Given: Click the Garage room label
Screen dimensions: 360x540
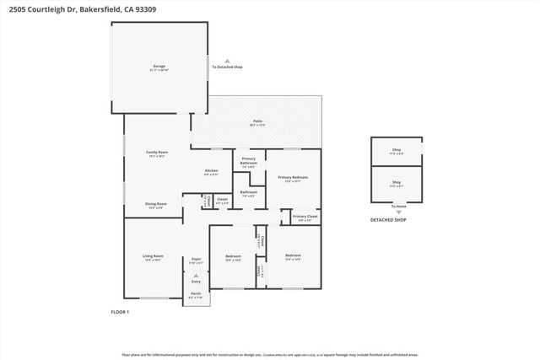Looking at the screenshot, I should coord(159,66).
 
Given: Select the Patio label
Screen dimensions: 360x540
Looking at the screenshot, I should coord(256,121).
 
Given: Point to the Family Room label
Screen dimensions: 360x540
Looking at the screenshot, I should coord(158,153).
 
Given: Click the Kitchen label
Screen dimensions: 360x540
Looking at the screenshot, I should coord(211,171).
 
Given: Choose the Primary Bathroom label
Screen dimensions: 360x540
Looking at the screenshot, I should coord(248,160).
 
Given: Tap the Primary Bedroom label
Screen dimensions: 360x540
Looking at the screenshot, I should coord(293,177).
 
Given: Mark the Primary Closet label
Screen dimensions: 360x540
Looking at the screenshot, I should coord(305,217).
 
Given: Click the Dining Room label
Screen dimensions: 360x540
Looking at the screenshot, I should coord(155,204).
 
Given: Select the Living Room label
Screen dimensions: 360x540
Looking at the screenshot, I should coord(153,256).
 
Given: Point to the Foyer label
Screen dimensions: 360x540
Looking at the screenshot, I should coord(196,259).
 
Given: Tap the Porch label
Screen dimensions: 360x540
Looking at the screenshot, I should coord(196,293).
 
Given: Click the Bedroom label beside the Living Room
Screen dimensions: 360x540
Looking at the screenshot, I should coord(233,256).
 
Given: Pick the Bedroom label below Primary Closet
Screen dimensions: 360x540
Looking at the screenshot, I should coord(293,255).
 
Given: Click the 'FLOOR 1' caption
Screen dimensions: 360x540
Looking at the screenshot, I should coord(120,312).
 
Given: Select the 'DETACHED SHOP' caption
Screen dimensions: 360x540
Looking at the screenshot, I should coord(388,220).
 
